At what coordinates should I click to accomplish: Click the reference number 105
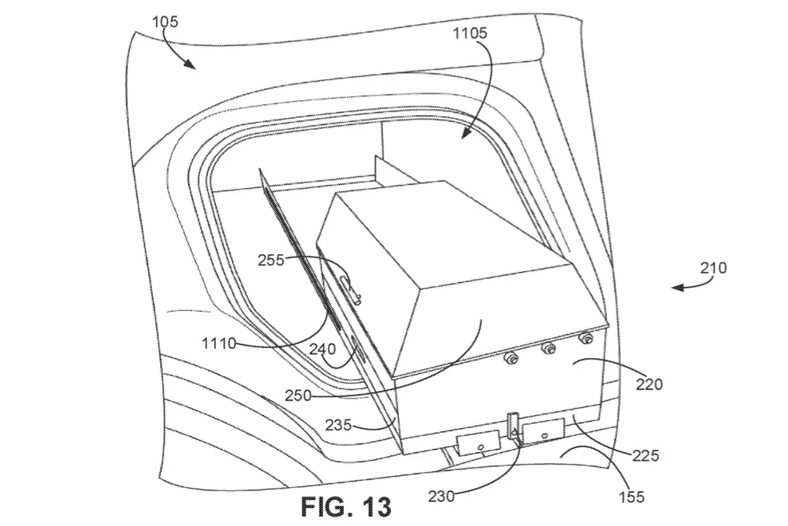165,22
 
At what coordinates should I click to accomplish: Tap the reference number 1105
470,33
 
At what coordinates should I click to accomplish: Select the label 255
271,260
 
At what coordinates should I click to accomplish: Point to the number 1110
219,343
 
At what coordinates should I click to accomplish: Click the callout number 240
322,349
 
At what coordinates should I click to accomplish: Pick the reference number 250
298,395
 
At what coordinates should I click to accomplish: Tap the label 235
338,425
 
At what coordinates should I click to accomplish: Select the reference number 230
441,496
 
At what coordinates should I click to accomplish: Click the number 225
646,455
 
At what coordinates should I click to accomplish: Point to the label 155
632,496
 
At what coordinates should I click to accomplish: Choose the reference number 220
649,385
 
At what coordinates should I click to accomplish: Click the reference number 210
713,267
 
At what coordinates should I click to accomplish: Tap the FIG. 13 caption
346,507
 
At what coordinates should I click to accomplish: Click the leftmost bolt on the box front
512,358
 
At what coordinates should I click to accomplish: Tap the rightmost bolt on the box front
585,338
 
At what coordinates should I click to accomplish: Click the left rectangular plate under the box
477,443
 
